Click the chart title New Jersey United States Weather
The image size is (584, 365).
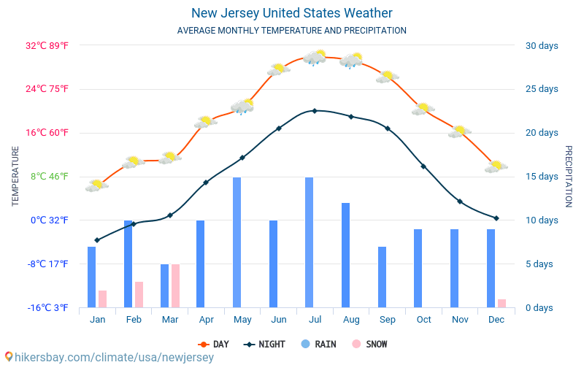click(x=292, y=13)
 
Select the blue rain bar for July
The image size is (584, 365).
click(x=310, y=242)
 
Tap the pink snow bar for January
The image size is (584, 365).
click(x=103, y=299)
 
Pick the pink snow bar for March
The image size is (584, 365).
click(x=176, y=286)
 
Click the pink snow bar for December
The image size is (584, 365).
click(x=502, y=303)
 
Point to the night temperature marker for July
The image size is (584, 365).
click(x=315, y=111)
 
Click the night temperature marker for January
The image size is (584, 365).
click(x=97, y=240)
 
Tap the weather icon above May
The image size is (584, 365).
click(x=242, y=107)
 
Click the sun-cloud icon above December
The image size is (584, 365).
click(x=496, y=166)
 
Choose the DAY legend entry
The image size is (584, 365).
click(x=214, y=345)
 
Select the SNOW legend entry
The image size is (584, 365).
click(x=369, y=345)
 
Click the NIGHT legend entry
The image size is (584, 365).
click(x=266, y=345)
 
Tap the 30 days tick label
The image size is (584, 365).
click(x=542, y=46)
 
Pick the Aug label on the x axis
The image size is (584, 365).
click(x=351, y=320)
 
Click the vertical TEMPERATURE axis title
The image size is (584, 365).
click(x=15, y=176)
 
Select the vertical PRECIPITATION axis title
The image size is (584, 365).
click(x=569, y=176)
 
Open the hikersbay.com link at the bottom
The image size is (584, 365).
click(x=109, y=358)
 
